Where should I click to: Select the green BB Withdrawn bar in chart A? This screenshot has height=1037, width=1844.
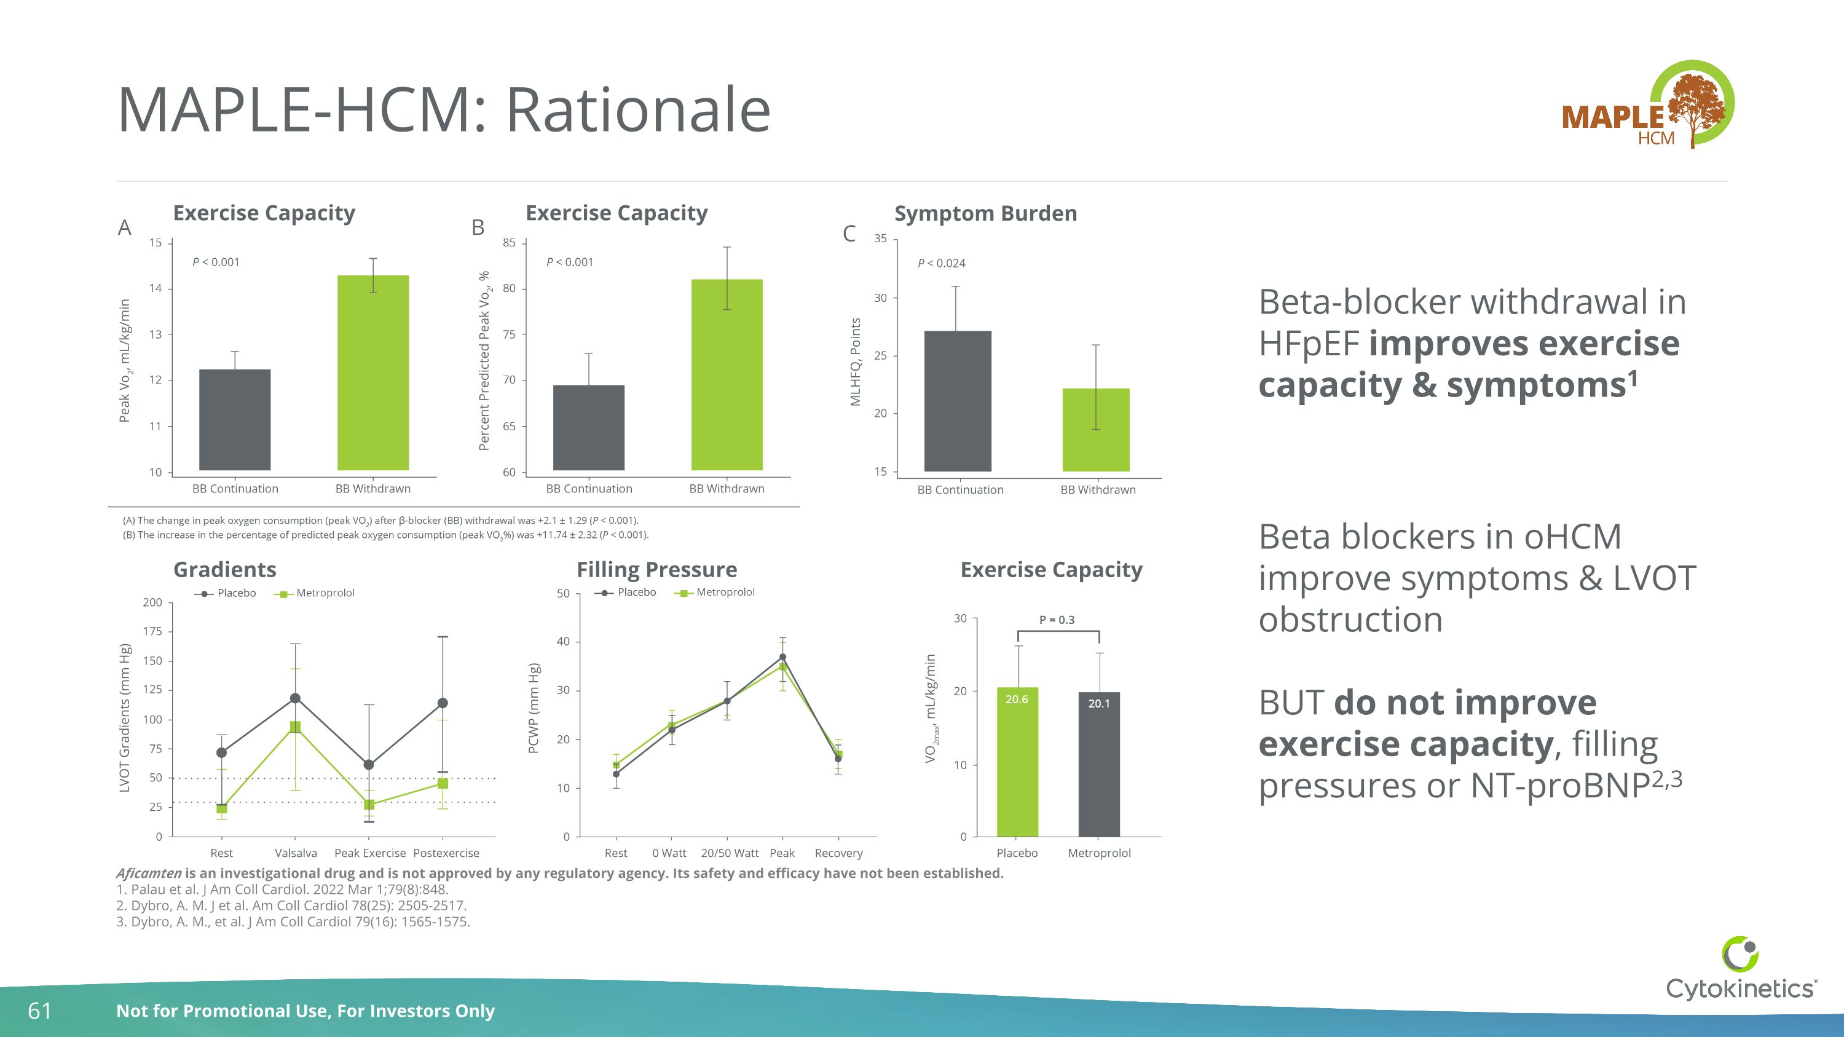pyautogui.click(x=373, y=372)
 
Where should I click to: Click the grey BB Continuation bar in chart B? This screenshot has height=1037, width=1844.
pyautogui.click(x=588, y=427)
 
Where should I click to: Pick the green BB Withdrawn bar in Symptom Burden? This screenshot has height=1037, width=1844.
pyautogui.click(x=1095, y=430)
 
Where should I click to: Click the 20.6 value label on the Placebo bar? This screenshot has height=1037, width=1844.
pyautogui.click(x=1017, y=699)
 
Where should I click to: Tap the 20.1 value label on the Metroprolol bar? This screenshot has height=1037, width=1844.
pyautogui.click(x=1099, y=703)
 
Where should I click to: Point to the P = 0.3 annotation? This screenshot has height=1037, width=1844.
pyautogui.click(x=1057, y=620)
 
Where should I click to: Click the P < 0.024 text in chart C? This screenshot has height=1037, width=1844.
pyautogui.click(x=941, y=263)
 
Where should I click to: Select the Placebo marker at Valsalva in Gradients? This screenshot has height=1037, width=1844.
pyautogui.click(x=295, y=698)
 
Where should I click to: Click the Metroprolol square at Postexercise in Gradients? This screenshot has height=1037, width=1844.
pyautogui.click(x=443, y=784)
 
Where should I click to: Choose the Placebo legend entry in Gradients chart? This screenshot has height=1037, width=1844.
pyautogui.click(x=226, y=593)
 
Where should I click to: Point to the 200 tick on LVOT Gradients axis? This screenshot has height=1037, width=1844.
pyautogui.click(x=152, y=602)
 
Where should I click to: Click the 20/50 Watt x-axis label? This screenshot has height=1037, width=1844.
pyautogui.click(x=730, y=853)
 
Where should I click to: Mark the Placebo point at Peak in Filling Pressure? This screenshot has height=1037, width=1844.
pyautogui.click(x=782, y=657)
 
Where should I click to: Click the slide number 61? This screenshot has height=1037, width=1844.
pyautogui.click(x=39, y=1011)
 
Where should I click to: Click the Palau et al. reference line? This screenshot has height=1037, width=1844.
pyautogui.click(x=282, y=889)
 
